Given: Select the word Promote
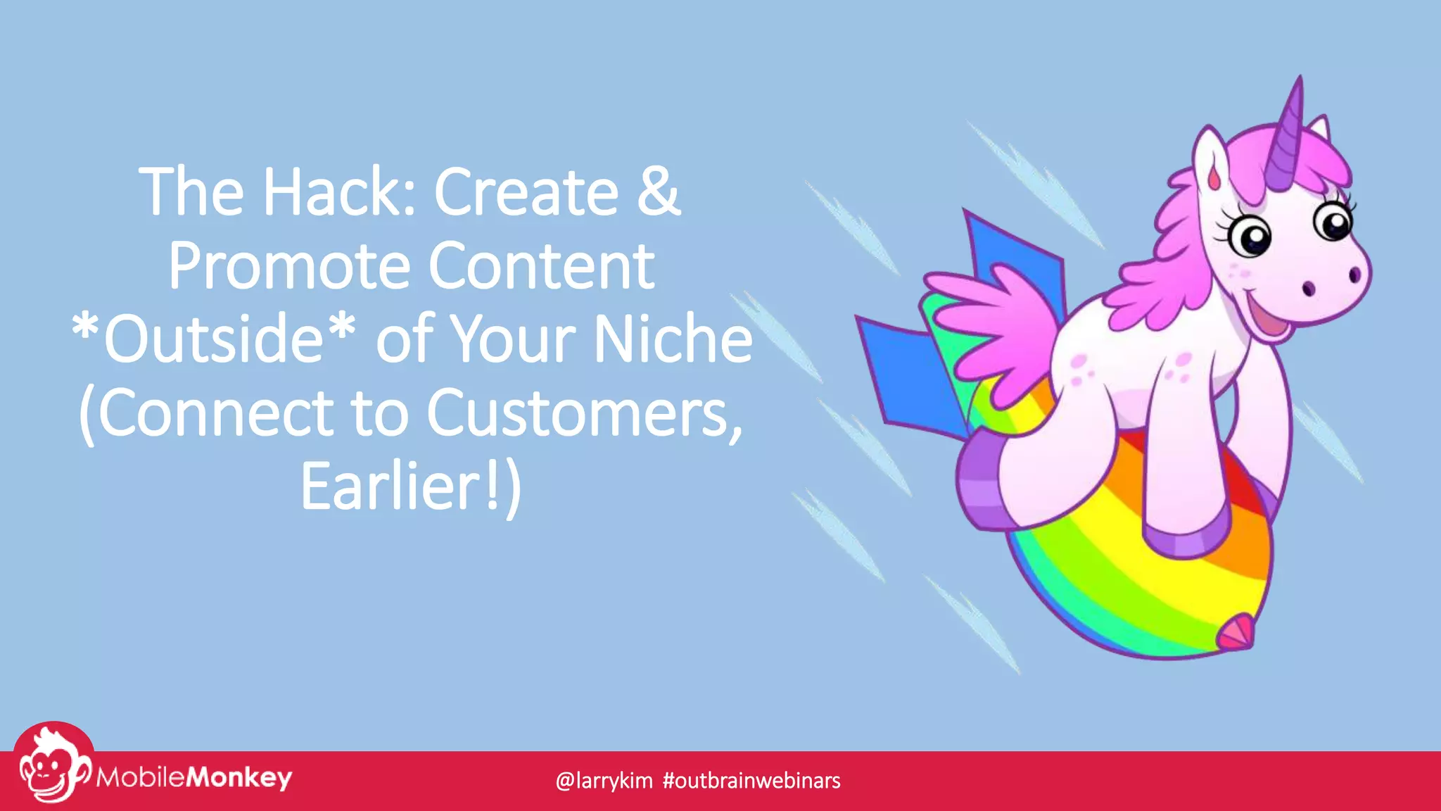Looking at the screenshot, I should (289, 266).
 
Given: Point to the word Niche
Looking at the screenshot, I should (673, 339).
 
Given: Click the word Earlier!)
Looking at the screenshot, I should (411, 487).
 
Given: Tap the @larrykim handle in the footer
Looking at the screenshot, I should (604, 781).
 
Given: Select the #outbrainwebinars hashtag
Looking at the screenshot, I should (751, 781).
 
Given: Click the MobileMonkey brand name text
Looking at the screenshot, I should (193, 778).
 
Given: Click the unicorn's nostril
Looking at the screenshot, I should (1308, 288).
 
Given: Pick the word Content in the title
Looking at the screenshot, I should (541, 266).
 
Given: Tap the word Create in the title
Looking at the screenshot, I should (526, 191).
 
